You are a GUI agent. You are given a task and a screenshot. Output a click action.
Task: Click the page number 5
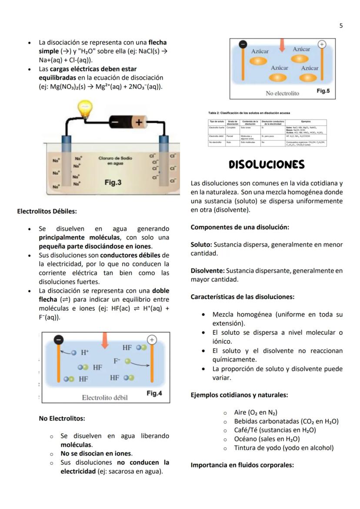click(341, 26)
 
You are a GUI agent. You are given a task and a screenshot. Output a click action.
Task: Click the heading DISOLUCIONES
click(267, 165)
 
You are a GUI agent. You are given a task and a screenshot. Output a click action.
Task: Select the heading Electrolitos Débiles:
click(47, 212)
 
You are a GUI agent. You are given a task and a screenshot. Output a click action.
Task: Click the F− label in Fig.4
click(117, 360)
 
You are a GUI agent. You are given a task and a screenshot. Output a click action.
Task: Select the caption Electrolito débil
click(105, 397)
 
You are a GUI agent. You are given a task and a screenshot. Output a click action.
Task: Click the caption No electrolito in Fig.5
click(282, 93)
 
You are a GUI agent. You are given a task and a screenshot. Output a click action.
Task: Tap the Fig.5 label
click(323, 91)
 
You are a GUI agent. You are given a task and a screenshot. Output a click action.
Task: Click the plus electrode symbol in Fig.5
click(322, 44)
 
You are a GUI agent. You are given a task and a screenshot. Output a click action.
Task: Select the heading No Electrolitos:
click(62, 419)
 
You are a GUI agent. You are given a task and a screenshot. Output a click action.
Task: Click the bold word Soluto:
click(201, 245)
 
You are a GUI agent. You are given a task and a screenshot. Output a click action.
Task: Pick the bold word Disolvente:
click(207, 271)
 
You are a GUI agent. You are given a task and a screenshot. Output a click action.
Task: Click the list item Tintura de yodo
click(283, 448)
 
